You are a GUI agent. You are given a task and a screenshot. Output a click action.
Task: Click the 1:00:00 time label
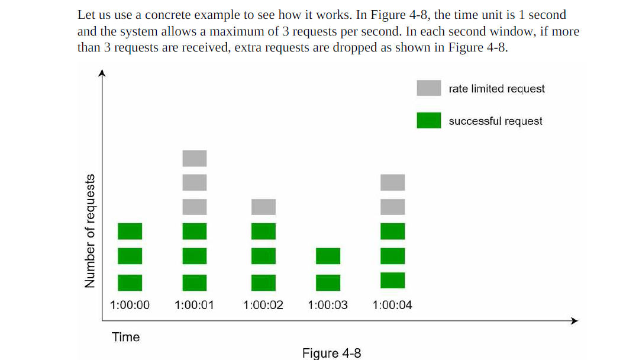click(x=130, y=306)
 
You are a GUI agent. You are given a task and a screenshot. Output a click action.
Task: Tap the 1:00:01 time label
click(x=195, y=306)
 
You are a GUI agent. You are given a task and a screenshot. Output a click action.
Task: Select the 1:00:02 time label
click(x=263, y=306)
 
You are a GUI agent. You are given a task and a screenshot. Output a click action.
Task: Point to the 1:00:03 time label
click(x=328, y=306)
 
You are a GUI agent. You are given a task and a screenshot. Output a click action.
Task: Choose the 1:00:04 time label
click(x=392, y=306)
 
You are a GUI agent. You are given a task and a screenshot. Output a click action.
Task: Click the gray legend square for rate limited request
click(x=428, y=88)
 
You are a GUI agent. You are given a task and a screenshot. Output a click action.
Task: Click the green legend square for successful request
click(x=428, y=120)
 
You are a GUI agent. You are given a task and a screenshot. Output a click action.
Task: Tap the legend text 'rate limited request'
click(x=496, y=89)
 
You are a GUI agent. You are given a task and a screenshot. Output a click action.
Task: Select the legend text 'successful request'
click(x=495, y=121)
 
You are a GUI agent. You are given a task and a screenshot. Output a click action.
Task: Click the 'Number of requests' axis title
click(x=90, y=231)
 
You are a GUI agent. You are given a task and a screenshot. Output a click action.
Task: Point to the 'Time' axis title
click(x=126, y=337)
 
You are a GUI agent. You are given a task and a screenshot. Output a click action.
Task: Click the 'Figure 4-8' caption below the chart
click(x=331, y=353)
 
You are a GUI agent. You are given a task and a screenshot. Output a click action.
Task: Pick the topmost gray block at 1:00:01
click(x=195, y=158)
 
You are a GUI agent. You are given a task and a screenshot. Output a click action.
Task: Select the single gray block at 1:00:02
click(x=263, y=207)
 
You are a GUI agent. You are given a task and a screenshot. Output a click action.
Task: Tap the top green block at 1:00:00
click(x=130, y=231)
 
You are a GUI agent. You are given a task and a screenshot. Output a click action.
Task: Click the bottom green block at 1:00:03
click(x=328, y=282)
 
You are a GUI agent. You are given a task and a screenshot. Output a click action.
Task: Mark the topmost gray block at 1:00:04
click(x=393, y=182)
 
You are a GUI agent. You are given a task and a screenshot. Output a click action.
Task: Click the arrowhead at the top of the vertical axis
click(x=102, y=73)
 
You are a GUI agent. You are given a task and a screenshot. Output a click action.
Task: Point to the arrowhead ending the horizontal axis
click(x=573, y=321)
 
